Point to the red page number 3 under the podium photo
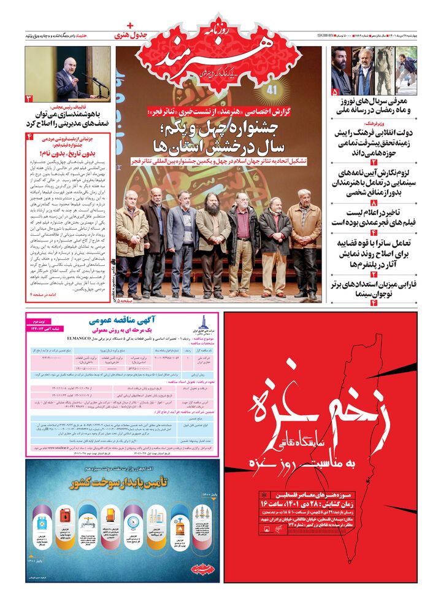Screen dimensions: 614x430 click(x=29, y=99)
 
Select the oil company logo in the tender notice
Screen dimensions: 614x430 click(x=203, y=323)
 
